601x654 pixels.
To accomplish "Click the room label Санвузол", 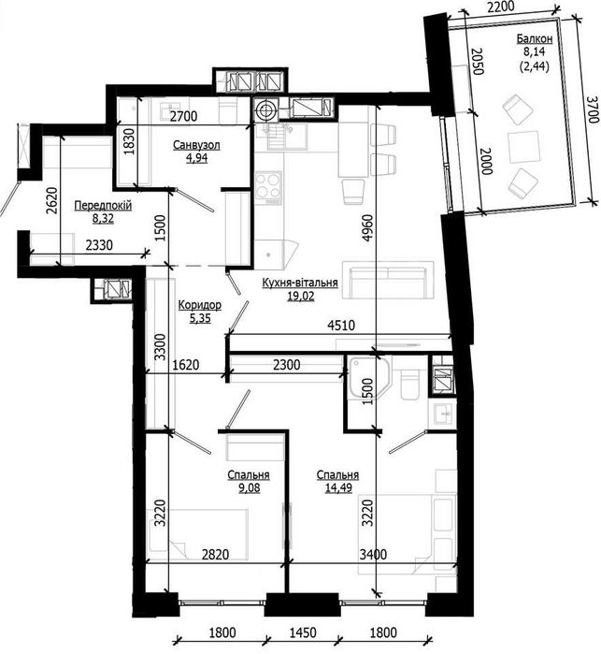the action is tap(196, 145).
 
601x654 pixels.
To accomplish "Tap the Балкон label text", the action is tap(535, 38).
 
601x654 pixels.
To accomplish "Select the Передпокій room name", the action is tap(103, 205).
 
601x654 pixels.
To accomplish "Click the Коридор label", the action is tap(200, 305).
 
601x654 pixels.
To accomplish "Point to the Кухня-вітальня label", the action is tap(300, 283).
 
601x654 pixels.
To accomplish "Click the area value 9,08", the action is tap(250, 487).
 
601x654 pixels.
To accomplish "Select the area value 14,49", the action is tap(337, 487).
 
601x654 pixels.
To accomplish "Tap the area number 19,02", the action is tap(300, 297).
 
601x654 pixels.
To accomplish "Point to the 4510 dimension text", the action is tap(341, 325).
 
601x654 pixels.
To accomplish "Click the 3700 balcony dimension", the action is tap(592, 109).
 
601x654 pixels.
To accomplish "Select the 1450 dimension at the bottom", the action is tap(303, 632).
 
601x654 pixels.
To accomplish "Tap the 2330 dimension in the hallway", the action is tap(99, 245).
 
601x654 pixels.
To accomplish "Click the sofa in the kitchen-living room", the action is tap(388, 281).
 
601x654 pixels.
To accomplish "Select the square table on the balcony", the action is tap(523, 147).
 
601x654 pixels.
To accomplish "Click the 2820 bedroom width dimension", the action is tap(215, 554).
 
